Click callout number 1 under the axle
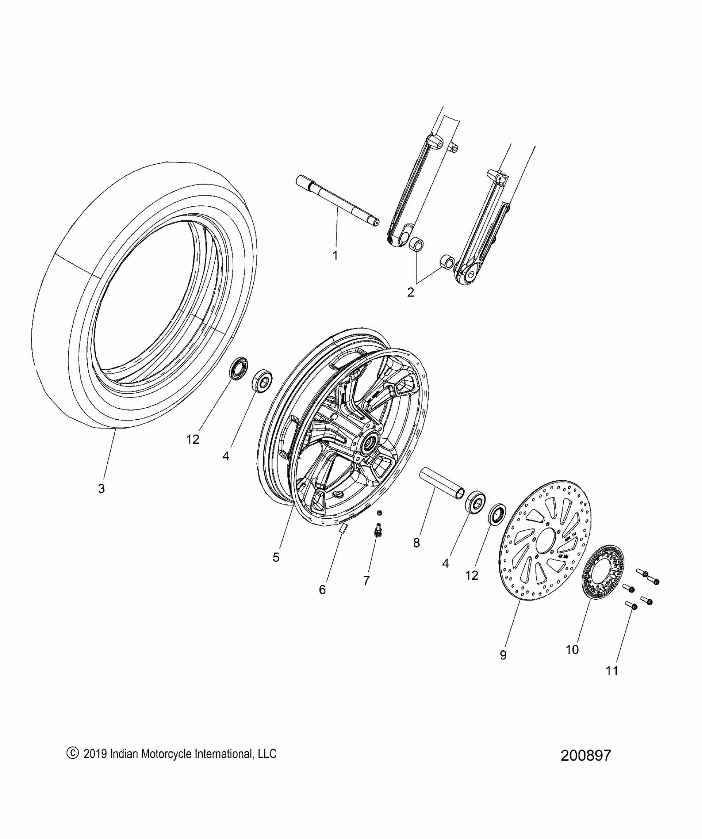pyautogui.click(x=335, y=255)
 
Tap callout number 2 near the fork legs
pyautogui.click(x=410, y=292)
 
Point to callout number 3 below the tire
pyautogui.click(x=101, y=489)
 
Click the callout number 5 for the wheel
pyautogui.click(x=276, y=558)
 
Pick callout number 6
pyautogui.click(x=323, y=590)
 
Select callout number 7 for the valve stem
pyautogui.click(x=366, y=581)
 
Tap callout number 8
pyautogui.click(x=416, y=543)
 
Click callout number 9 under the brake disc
pyautogui.click(x=503, y=655)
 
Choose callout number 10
pyautogui.click(x=572, y=650)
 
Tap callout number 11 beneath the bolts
pyautogui.click(x=612, y=671)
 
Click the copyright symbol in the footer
pyautogui.click(x=72, y=754)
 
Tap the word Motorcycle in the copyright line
pyautogui.click(x=166, y=754)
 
